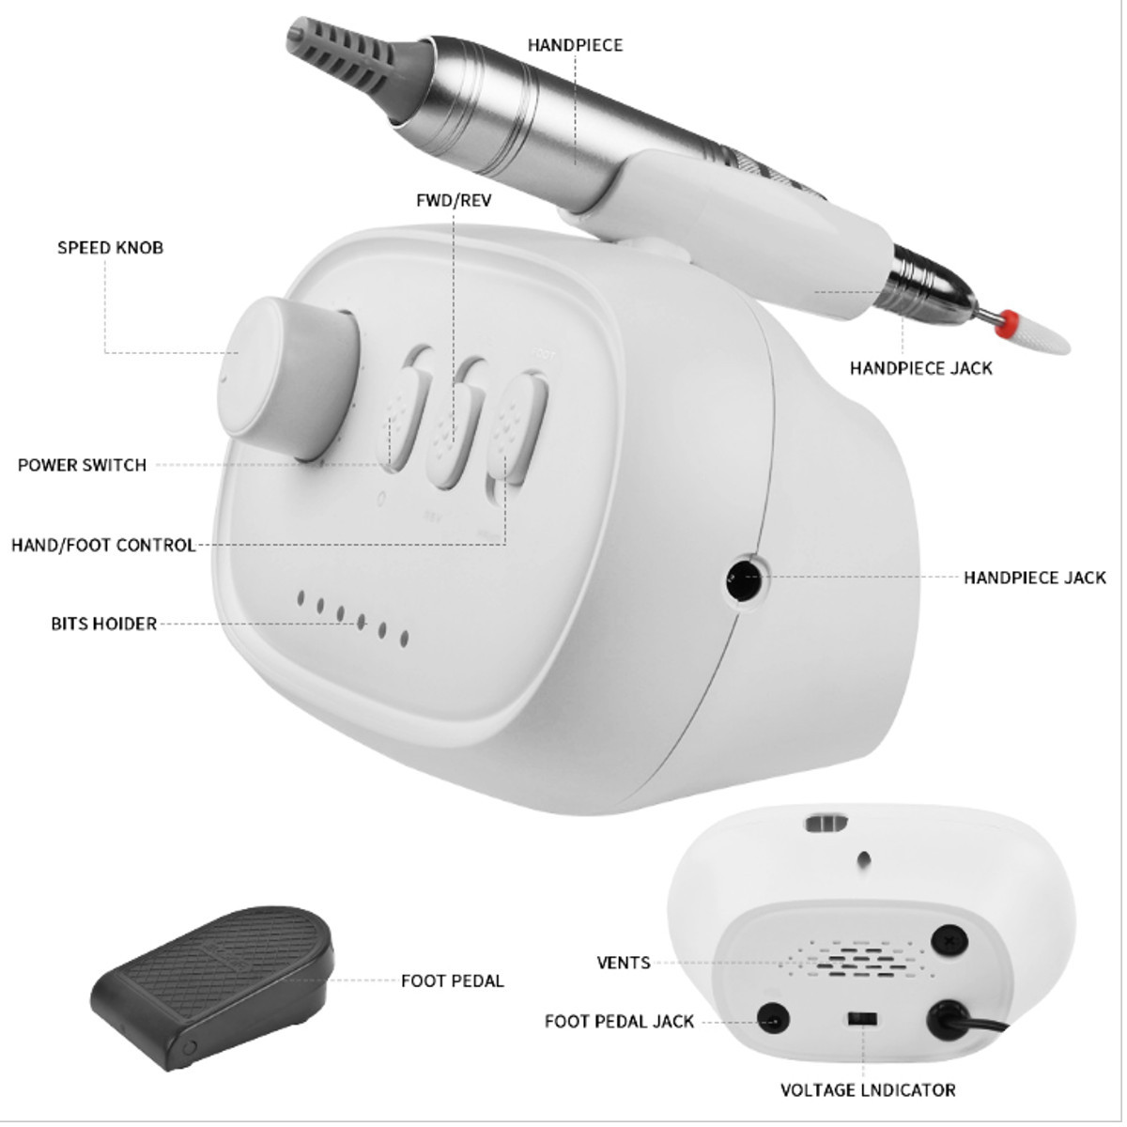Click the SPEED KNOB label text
(x=111, y=247)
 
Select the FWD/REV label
(x=454, y=201)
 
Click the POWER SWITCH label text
(x=82, y=465)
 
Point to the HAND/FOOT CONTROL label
(x=103, y=545)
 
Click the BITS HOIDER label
(x=104, y=624)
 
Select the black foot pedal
(x=213, y=987)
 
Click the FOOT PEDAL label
(x=452, y=980)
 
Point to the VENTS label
(x=624, y=963)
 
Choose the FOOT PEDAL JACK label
(x=619, y=1022)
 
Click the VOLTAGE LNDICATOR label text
(x=868, y=1090)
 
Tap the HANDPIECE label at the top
(x=575, y=45)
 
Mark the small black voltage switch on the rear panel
(x=861, y=1019)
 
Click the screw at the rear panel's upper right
(x=949, y=942)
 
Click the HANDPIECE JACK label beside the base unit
(x=1035, y=578)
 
